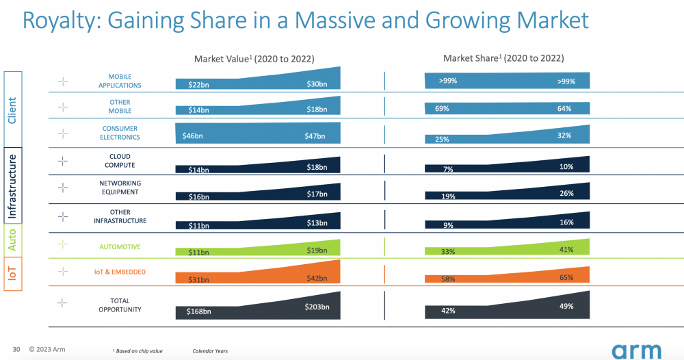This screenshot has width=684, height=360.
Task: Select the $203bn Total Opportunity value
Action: (x=317, y=307)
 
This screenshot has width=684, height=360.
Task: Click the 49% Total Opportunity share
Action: (x=566, y=306)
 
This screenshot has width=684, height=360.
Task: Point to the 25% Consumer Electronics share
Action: (x=442, y=140)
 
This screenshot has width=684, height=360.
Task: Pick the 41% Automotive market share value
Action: (x=566, y=250)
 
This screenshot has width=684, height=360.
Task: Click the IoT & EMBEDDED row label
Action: (x=120, y=272)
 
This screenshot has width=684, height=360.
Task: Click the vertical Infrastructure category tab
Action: (x=12, y=185)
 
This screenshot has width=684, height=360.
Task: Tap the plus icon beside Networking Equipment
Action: (x=63, y=188)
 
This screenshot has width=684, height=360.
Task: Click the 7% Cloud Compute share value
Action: (x=448, y=169)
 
